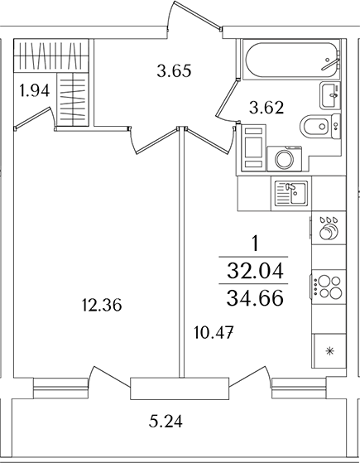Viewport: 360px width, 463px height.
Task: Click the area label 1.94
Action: (x=34, y=90)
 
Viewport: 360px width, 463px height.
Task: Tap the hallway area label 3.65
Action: (x=174, y=70)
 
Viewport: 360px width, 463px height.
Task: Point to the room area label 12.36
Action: (x=102, y=305)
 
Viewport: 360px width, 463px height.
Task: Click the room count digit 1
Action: (x=256, y=244)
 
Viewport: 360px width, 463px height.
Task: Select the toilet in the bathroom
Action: (x=320, y=126)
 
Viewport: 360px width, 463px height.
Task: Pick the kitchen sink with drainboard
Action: (x=290, y=194)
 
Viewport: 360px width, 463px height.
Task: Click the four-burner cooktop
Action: (x=329, y=287)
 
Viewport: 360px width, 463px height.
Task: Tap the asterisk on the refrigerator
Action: (x=329, y=351)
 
